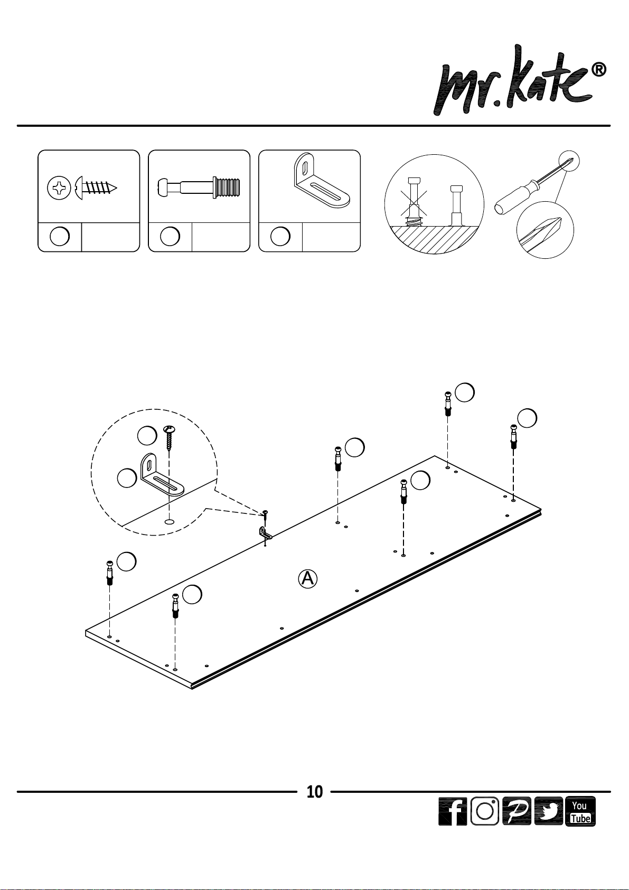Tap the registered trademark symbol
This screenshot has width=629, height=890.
click(x=599, y=70)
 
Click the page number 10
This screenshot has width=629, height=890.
click(x=314, y=792)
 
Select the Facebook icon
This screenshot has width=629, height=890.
click(x=453, y=811)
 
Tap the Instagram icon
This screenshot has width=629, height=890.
click(x=484, y=811)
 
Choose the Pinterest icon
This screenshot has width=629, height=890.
click(x=517, y=811)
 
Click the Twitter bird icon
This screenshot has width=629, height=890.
click(x=548, y=811)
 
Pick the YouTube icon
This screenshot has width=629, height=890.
click(x=580, y=811)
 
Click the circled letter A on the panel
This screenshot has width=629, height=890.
click(x=307, y=579)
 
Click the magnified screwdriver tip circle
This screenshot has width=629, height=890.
click(x=545, y=230)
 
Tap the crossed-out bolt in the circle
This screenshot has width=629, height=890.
click(x=414, y=202)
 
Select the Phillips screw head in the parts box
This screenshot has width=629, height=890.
click(x=59, y=188)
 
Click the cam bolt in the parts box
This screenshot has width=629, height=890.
click(x=199, y=188)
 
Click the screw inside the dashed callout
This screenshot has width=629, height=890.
click(x=170, y=438)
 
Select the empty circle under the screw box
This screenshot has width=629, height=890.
click(x=60, y=237)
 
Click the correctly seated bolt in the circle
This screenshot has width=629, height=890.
click(x=456, y=205)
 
